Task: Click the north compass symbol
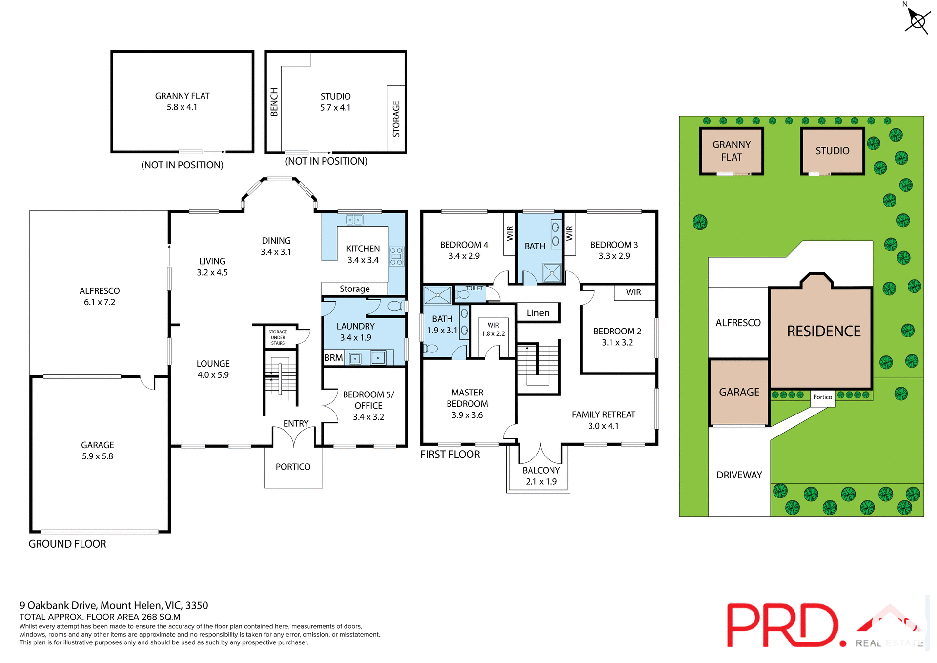[x=917, y=21]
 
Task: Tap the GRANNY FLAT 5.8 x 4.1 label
[x=182, y=102]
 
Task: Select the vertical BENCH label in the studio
[x=274, y=102]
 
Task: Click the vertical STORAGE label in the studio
[x=396, y=119]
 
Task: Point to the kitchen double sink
[x=354, y=220]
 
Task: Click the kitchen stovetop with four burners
[x=396, y=256]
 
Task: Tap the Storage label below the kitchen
[x=354, y=289]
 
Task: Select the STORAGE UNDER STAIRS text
[x=278, y=337]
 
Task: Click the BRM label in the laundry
[x=333, y=358]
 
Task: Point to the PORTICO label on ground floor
[x=293, y=467]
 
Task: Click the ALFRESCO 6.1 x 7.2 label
[x=100, y=296]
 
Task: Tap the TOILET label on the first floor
[x=474, y=289]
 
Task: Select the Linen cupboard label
[x=537, y=313]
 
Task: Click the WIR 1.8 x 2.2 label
[x=493, y=330]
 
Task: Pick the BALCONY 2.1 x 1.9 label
[x=541, y=476]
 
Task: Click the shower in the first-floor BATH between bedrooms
[x=552, y=272]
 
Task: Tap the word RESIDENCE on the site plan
[x=823, y=331]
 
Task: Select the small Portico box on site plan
[x=822, y=397]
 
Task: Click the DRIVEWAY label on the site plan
[x=739, y=475]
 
